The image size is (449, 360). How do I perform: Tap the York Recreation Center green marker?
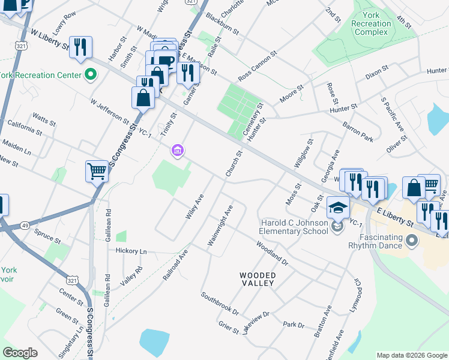91,75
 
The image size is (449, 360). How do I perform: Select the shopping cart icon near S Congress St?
97,171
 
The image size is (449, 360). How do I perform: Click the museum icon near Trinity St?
177,150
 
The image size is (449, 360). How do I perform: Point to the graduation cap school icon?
337,208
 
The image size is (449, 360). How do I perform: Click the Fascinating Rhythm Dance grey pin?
411,241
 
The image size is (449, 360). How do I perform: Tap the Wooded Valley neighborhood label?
258,280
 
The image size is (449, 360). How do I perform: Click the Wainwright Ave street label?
220,226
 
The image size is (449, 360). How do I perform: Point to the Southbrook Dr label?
220,304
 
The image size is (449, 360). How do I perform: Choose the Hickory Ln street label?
131,251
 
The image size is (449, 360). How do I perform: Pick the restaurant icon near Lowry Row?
80,48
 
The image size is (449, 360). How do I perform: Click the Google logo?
20,353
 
